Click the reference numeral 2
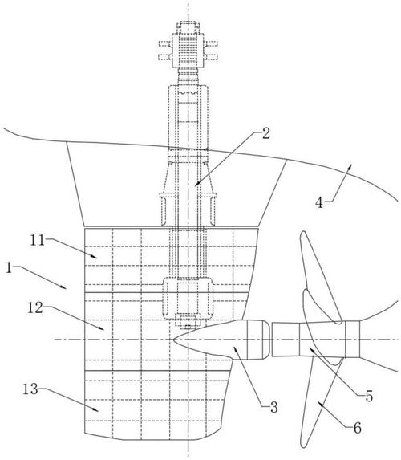pos(266,134)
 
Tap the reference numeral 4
pos(319,202)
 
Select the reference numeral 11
pos(37,241)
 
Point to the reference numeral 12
pos(35,307)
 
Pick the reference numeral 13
pos(30,389)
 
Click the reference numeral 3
pos(273,407)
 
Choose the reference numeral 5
pos(369,396)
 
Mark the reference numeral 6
pos(358,428)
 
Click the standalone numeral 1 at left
pos(10,268)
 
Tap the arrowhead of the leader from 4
pos(349,167)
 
